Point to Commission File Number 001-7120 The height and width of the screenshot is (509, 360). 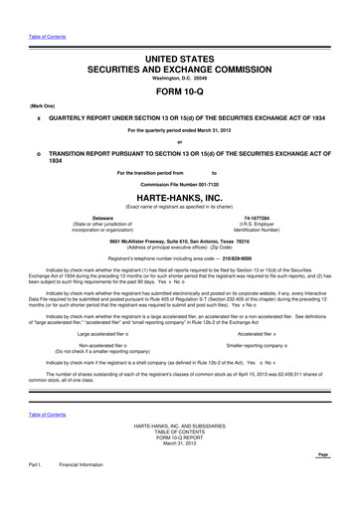pyautogui.click(x=180, y=186)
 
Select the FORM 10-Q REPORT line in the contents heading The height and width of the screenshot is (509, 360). pyautogui.click(x=180, y=437)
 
